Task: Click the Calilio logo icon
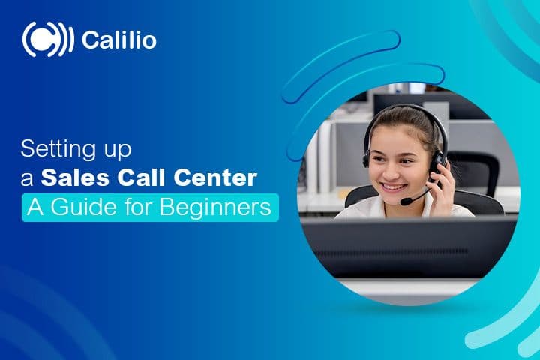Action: click(x=48, y=40)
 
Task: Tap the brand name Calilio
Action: click(x=118, y=40)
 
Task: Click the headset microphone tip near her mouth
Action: click(x=406, y=201)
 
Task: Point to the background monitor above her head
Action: click(x=405, y=101)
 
